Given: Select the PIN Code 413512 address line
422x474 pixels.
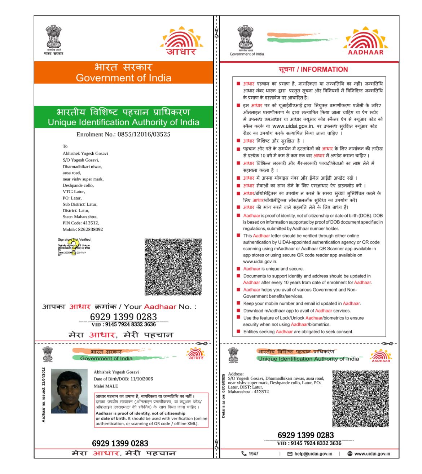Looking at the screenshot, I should (81, 223).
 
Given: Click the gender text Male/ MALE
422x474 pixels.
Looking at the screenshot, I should (106, 386).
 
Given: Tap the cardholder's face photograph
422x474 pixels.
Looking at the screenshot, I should (69, 391).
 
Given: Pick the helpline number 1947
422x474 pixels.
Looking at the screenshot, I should (253, 454).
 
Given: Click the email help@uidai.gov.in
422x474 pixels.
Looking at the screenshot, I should (313, 454).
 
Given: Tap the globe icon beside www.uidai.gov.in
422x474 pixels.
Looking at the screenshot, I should (350, 454).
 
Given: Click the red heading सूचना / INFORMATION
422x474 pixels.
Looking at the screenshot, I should (313, 70).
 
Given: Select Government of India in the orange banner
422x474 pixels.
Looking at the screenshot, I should (123, 78).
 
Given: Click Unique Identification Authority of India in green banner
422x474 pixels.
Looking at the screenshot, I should (123, 122).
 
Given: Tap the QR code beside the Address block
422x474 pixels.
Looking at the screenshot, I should (360, 399).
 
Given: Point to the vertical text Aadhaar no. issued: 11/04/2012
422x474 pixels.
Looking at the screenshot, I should (44, 395).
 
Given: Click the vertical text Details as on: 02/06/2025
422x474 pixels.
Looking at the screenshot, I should (223, 396).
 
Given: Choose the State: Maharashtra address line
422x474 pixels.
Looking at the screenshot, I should (80, 217).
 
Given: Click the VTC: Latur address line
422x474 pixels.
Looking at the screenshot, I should (74, 192).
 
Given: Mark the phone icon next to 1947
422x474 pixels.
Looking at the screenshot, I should (244, 454).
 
